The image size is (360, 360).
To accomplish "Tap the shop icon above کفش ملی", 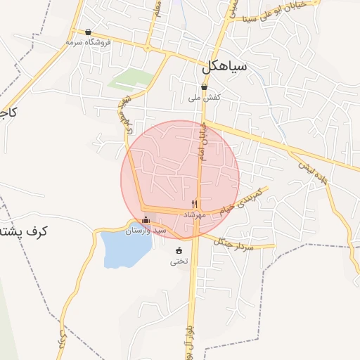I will tap(205, 87).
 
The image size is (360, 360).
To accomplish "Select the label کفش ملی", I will tap(205, 98).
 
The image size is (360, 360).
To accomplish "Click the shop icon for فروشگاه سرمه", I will tap(88, 32).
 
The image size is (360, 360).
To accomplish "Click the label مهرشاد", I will tap(192, 214).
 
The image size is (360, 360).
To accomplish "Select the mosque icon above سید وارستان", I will tap(146, 219).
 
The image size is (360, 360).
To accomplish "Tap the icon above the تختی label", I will tap(179, 250).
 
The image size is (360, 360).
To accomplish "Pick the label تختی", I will tap(179, 262).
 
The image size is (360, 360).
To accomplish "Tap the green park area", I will tap(131, 78).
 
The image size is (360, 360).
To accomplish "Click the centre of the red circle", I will tap(180, 179).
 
